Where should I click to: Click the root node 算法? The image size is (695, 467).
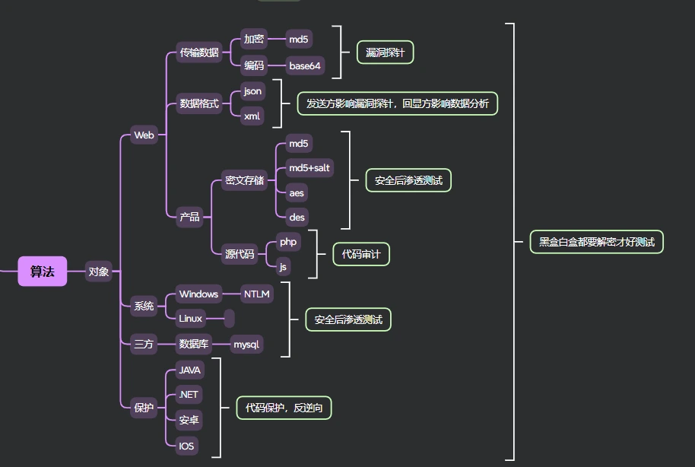click(x=43, y=272)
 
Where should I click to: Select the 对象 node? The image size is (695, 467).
click(x=99, y=272)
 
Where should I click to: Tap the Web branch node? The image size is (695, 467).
click(x=144, y=135)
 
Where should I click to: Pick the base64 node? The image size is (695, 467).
click(x=306, y=66)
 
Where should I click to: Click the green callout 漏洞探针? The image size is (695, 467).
click(x=385, y=52)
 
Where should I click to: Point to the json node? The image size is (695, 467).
click(x=252, y=91)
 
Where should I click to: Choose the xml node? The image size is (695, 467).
click(x=252, y=116)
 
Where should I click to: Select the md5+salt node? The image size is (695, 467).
click(x=309, y=167)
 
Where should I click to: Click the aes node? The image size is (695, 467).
click(x=297, y=192)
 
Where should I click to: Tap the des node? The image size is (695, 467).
click(x=297, y=218)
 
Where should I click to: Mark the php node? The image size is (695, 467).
click(x=288, y=242)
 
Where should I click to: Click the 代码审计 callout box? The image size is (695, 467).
click(x=361, y=255)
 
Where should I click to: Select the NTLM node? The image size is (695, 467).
click(x=257, y=294)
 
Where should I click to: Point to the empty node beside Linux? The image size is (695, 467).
click(x=229, y=319)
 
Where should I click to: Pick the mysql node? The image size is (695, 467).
click(x=246, y=345)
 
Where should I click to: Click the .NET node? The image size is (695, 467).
click(x=188, y=395)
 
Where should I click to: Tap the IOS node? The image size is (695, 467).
click(x=186, y=446)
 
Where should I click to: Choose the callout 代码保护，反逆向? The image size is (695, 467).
click(x=284, y=408)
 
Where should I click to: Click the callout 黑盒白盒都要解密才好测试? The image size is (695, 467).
click(x=596, y=242)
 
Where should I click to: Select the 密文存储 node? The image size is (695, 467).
click(x=244, y=180)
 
